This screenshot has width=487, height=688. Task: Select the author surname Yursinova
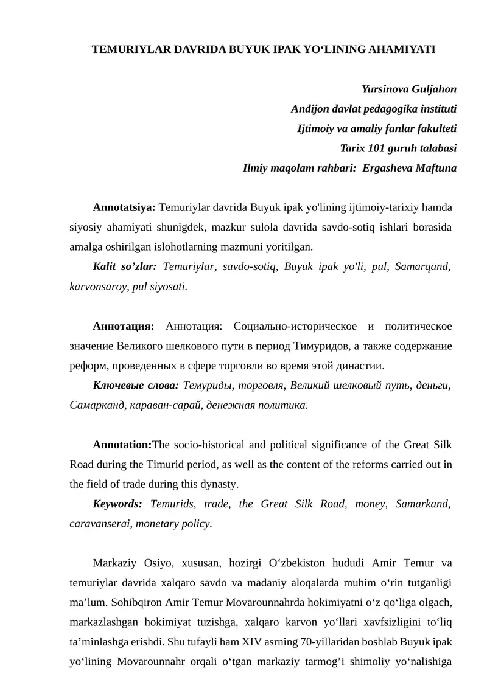coord(386,89)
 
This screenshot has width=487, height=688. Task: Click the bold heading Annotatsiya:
coord(124,207)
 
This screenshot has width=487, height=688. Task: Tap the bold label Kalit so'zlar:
coord(125,266)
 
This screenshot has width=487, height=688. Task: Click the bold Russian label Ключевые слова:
coord(135,385)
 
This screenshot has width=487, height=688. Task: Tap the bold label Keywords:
coord(117,504)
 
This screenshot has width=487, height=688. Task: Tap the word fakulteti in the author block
coord(435,128)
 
